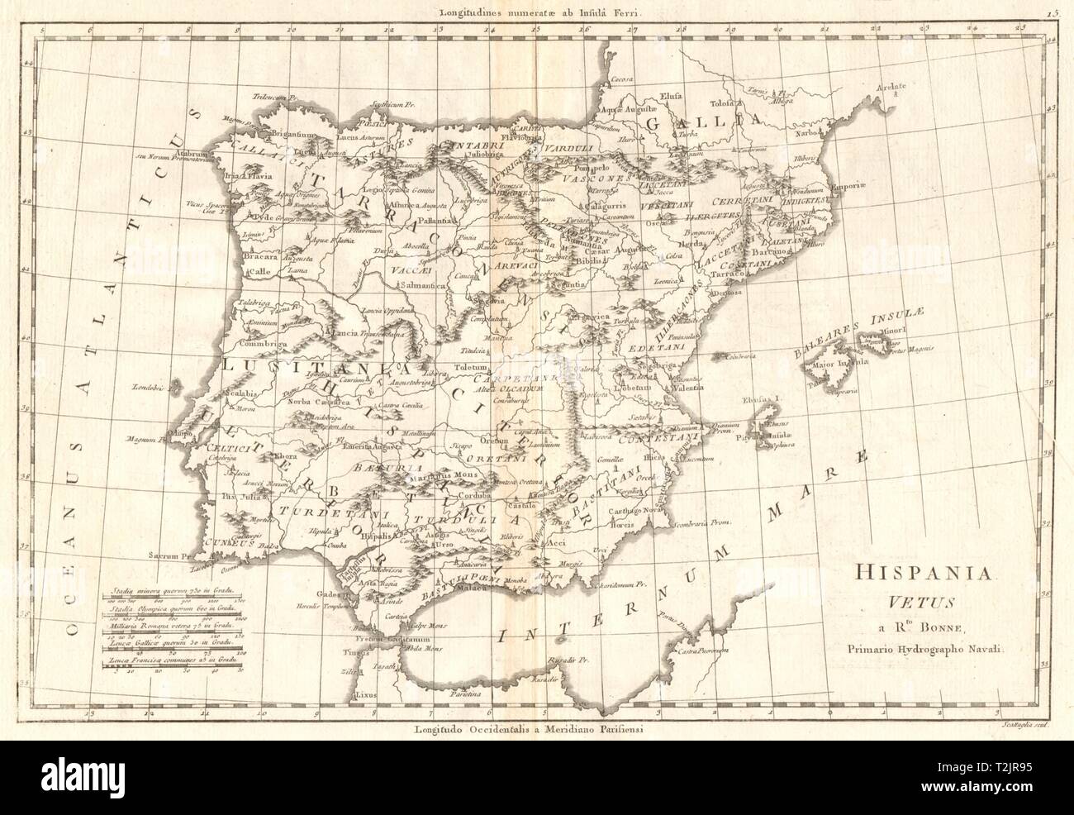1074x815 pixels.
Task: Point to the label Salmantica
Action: coord(423,285)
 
